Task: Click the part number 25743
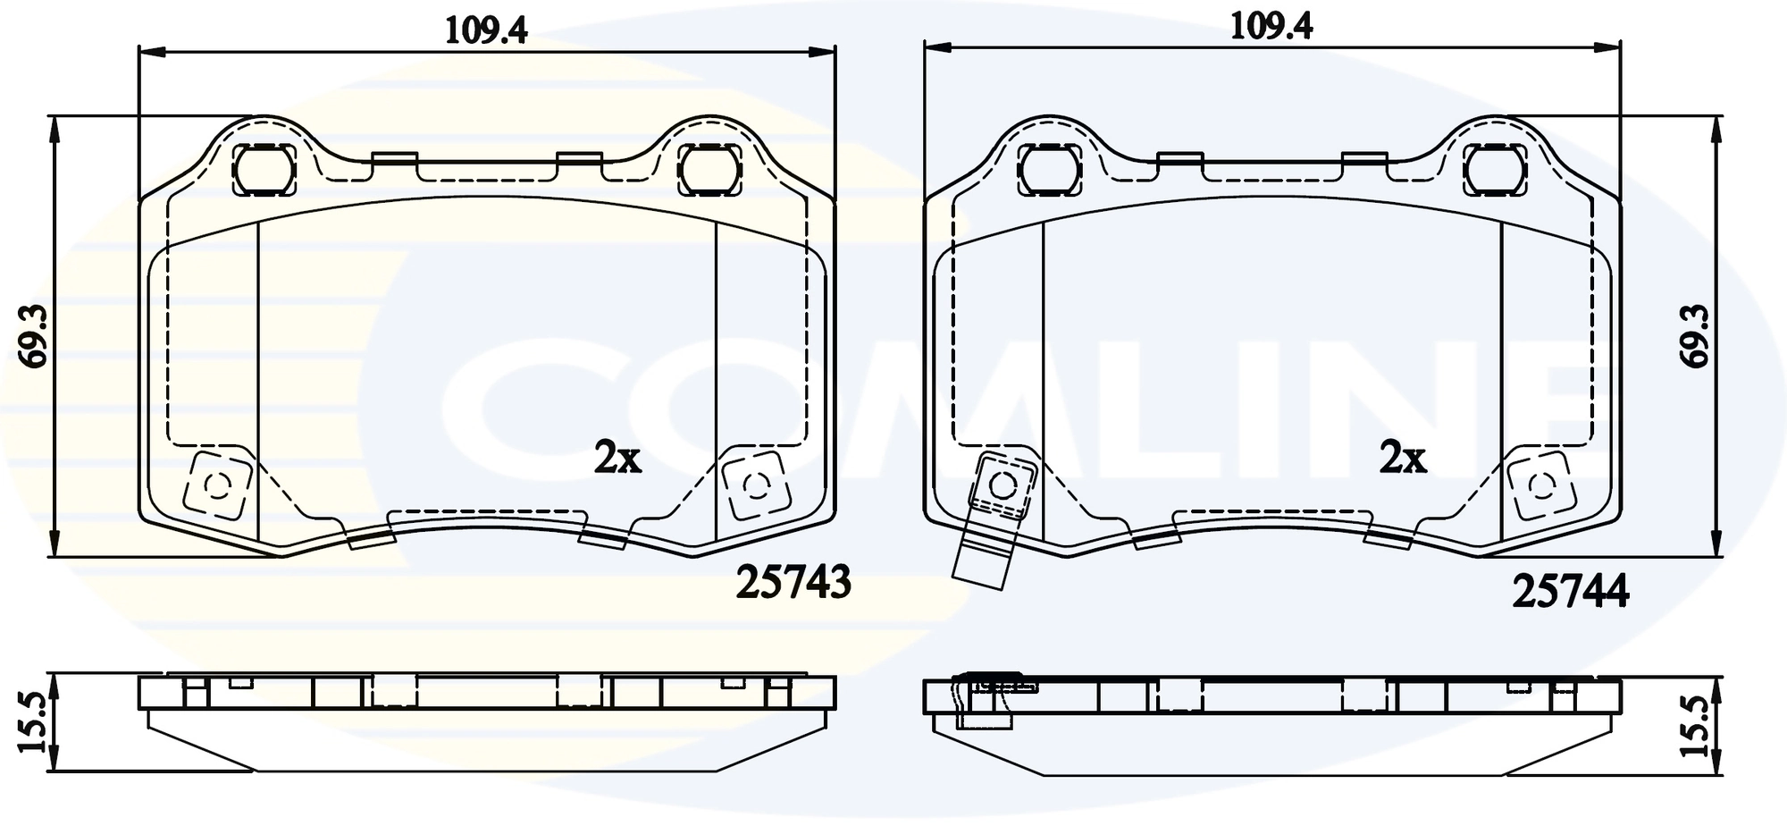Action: point(793,583)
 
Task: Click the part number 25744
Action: point(1570,592)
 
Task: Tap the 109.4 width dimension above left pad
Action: point(487,30)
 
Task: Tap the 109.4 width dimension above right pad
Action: point(1271,27)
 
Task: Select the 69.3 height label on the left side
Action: point(35,337)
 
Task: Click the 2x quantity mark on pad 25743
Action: point(617,459)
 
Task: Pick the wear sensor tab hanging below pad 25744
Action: point(983,559)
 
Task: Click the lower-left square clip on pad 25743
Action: point(216,485)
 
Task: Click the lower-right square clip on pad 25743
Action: point(756,485)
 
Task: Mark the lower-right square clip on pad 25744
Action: point(1540,485)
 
